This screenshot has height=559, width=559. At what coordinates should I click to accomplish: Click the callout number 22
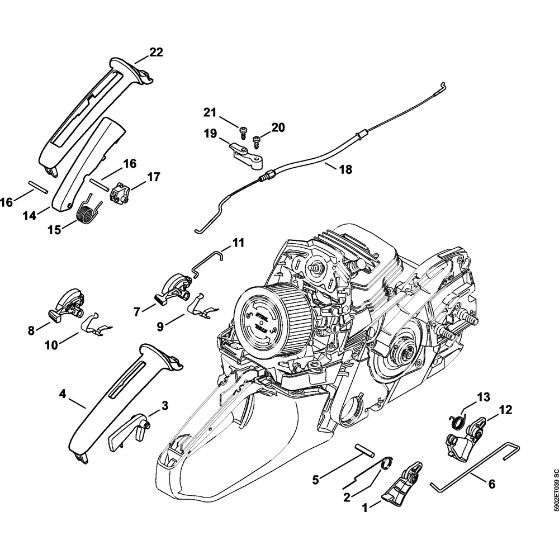[156, 53]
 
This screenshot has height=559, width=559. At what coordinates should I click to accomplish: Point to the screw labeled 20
[258, 139]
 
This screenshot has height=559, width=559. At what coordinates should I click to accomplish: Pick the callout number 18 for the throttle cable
[345, 169]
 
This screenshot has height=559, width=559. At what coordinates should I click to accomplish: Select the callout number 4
[63, 394]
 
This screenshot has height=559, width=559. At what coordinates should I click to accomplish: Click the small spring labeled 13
[457, 420]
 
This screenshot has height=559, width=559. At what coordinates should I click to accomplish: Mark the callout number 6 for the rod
[491, 485]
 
